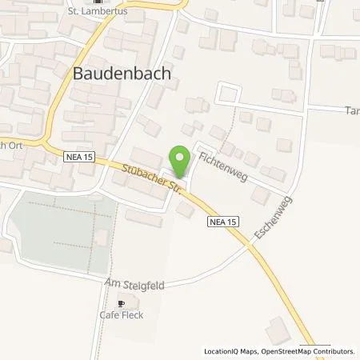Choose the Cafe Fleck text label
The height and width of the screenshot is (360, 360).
(120, 316)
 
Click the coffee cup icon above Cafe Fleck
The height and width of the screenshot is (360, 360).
(121, 303)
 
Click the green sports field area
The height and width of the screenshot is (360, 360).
(60, 232)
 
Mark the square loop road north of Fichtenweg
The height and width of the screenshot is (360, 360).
(228, 94)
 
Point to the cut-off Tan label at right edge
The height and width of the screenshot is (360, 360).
(351, 113)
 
